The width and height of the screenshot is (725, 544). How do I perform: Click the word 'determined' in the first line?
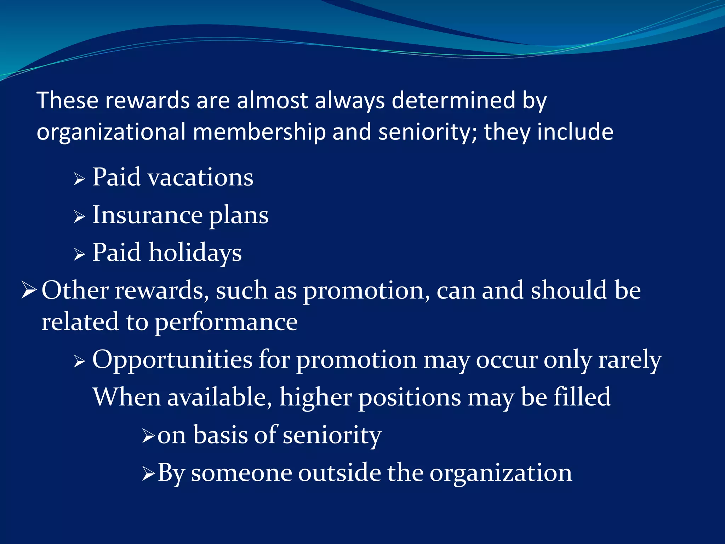453,100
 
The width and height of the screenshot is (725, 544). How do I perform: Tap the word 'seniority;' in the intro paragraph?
427,132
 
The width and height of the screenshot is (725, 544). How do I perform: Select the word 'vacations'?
200,177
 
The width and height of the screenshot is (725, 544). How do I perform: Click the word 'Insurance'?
147,215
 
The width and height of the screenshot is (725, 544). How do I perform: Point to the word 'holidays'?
195,253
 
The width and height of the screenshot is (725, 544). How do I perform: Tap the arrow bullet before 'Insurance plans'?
79,217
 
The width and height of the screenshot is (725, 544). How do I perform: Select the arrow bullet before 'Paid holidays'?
79,254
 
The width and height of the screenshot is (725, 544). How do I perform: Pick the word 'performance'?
226,322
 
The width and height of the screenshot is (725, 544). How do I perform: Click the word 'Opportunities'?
172,360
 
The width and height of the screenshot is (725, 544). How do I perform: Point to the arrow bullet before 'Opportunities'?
79,362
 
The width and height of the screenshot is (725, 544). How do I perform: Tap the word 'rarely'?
630,360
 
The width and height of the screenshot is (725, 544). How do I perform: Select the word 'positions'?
410,398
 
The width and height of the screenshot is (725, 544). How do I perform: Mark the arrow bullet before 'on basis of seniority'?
148,436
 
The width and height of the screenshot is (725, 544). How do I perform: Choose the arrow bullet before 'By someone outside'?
148,474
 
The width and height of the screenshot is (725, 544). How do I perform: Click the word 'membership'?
259,132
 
